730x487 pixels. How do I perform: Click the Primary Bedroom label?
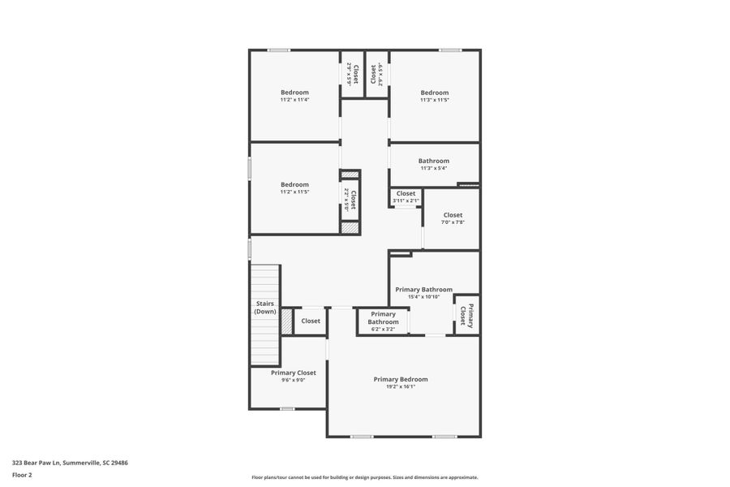pyautogui.click(x=400, y=379)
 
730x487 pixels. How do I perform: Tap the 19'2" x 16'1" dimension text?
pyautogui.click(x=400, y=387)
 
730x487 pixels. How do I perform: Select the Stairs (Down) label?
pyautogui.click(x=264, y=308)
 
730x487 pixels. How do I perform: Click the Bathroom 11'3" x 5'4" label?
pyautogui.click(x=433, y=161)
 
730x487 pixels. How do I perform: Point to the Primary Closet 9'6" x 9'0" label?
pyautogui.click(x=294, y=373)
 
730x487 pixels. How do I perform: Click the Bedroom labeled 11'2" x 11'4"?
pyautogui.click(x=294, y=93)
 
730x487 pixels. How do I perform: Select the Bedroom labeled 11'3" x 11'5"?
pyautogui.click(x=434, y=93)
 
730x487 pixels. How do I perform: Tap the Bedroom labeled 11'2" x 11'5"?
pyautogui.click(x=294, y=184)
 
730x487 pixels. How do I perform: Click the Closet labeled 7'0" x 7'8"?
pyautogui.click(x=453, y=215)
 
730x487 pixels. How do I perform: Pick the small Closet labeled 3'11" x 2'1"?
pyautogui.click(x=406, y=194)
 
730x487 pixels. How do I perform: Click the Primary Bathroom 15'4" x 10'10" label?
pyautogui.click(x=423, y=289)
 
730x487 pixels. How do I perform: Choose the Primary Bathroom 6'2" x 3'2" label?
pyautogui.click(x=383, y=317)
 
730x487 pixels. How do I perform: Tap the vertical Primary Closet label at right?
pyautogui.click(x=466, y=315)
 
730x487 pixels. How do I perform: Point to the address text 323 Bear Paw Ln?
pyautogui.click(x=70, y=463)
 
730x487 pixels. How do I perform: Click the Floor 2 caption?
pyautogui.click(x=22, y=475)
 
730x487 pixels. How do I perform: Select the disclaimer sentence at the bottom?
pyautogui.click(x=364, y=477)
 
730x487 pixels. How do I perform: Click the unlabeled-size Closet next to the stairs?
pyautogui.click(x=311, y=321)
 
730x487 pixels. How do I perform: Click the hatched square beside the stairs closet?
pyautogui.click(x=286, y=321)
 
